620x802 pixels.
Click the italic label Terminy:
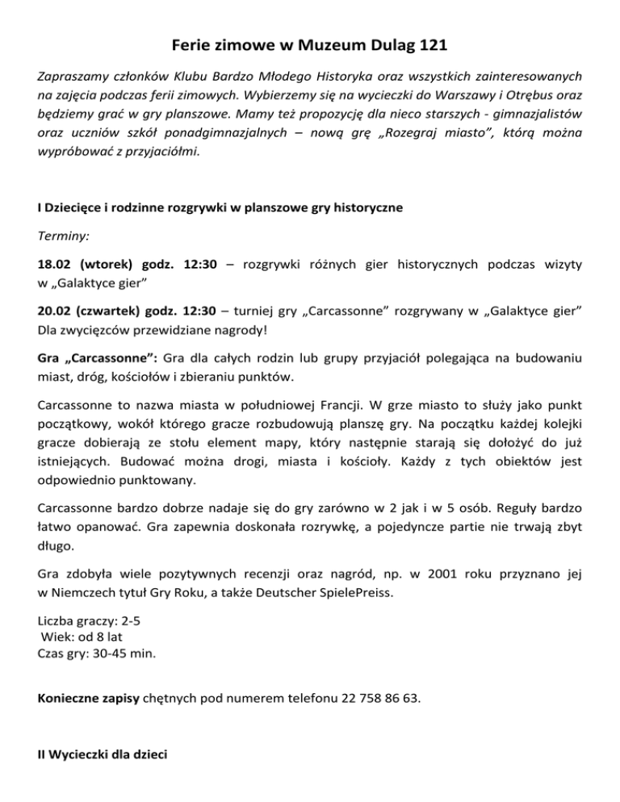point(64,238)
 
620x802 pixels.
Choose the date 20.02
point(57,311)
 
